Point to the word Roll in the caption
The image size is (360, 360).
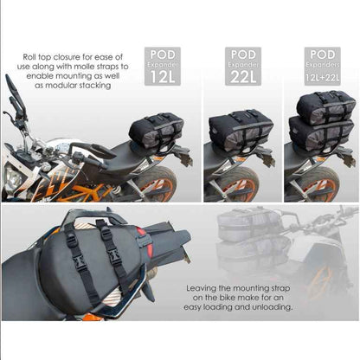[x=35, y=60]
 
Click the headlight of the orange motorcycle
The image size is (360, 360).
[x=15, y=177]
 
